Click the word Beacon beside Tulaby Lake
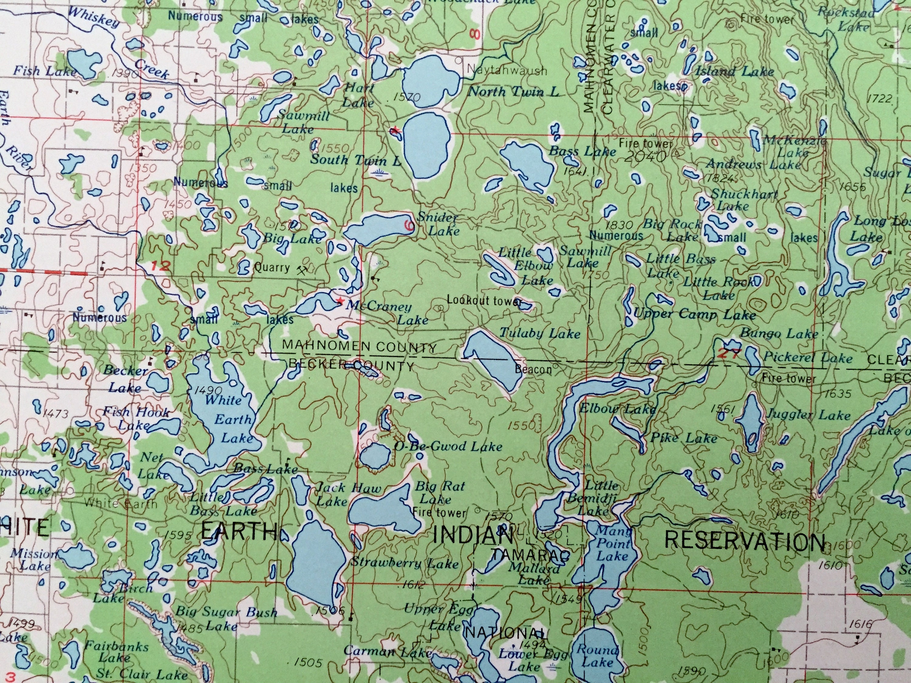coord(533,369)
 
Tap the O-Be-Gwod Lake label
coord(448,446)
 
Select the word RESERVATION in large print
coord(746,541)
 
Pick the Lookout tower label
coord(484,300)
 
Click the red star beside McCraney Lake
coord(340,301)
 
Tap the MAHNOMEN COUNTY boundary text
coord(359,347)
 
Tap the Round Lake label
coord(597,656)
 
